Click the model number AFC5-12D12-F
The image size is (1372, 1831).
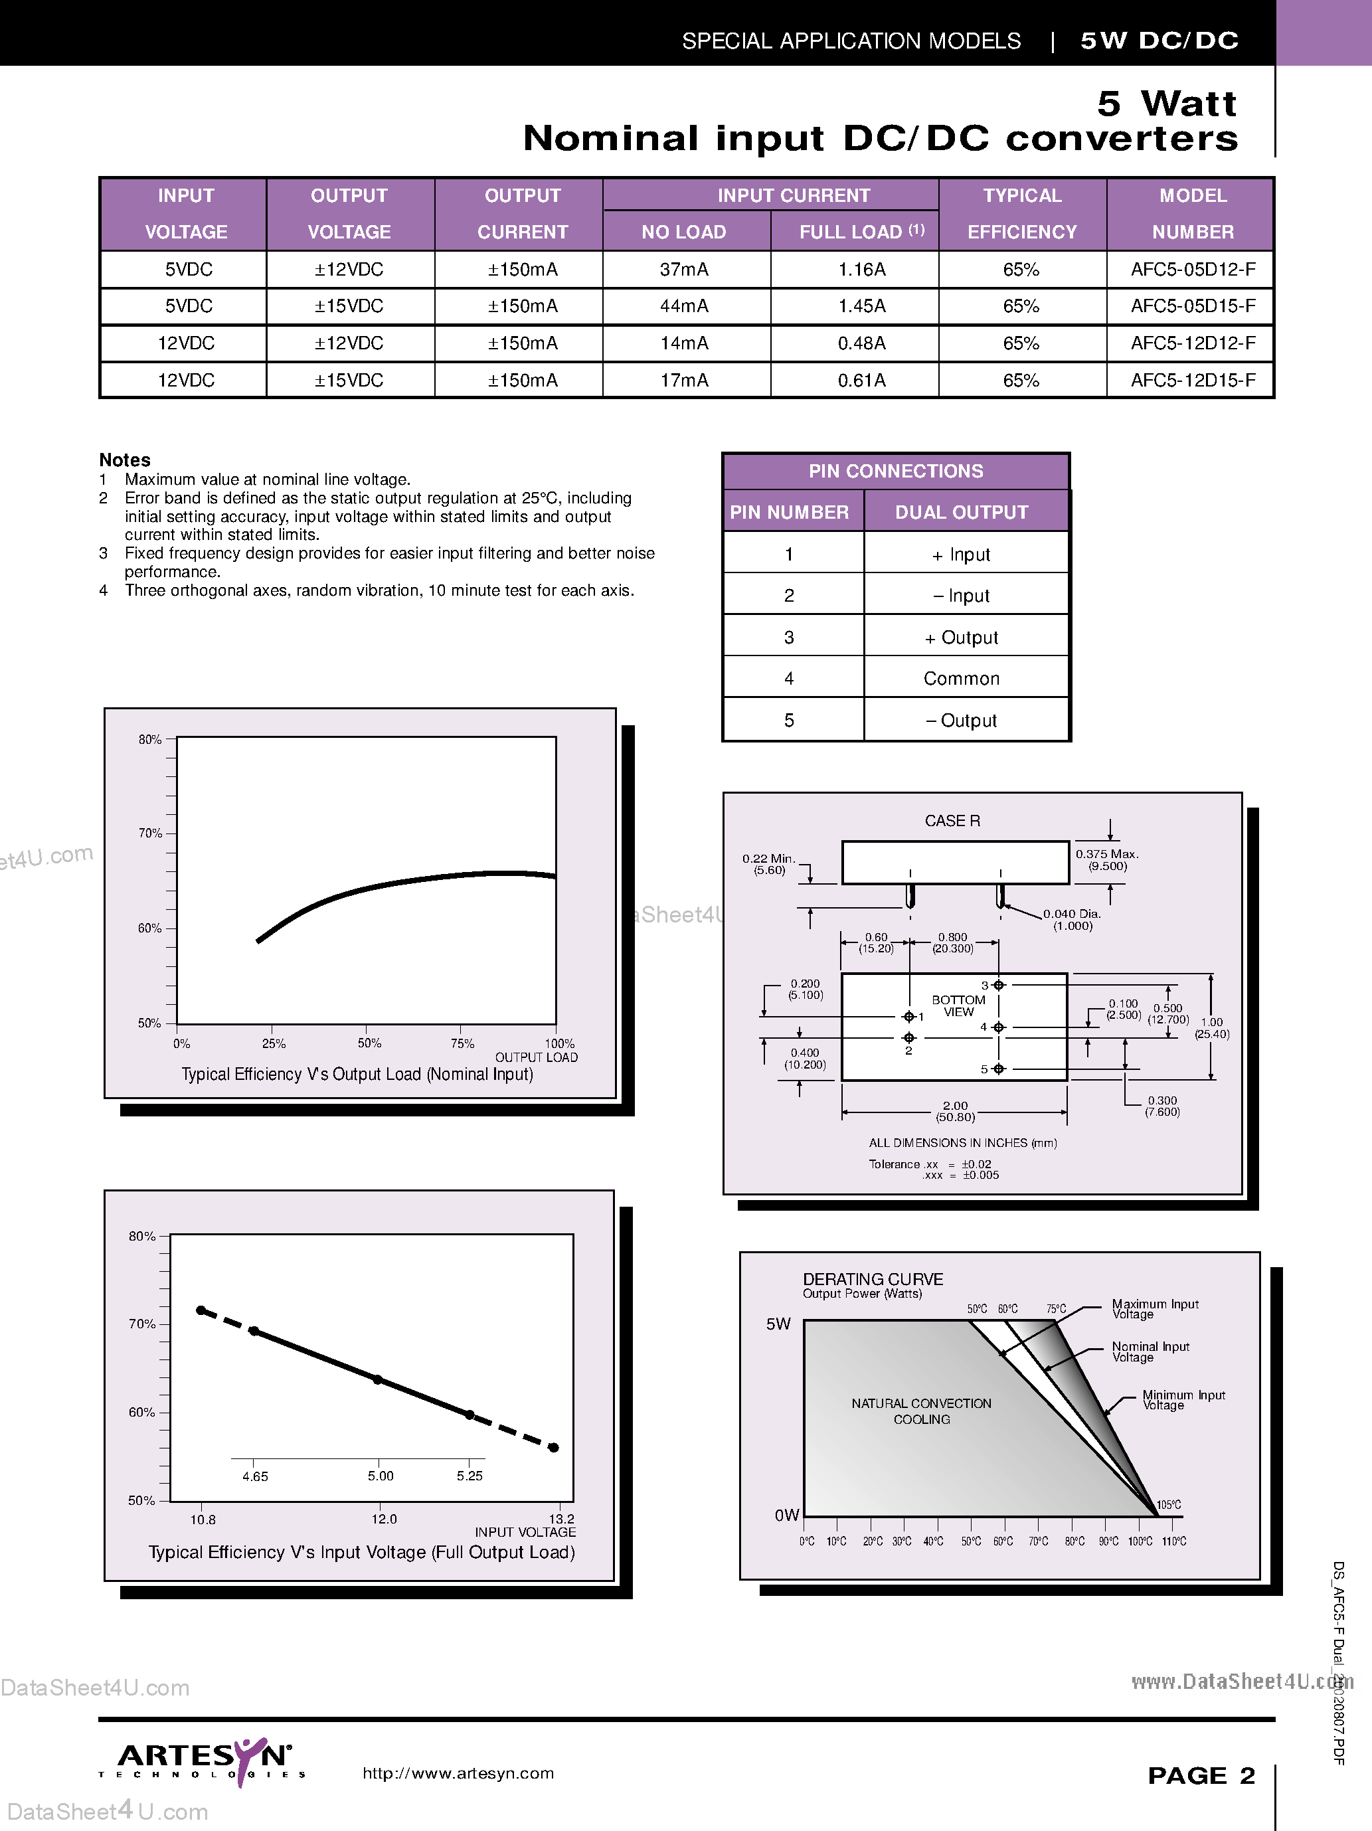point(1193,343)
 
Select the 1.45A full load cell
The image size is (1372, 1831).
point(861,306)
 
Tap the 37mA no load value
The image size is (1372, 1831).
point(683,270)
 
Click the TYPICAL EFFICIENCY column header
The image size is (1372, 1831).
point(1022,214)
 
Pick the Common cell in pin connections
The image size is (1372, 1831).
point(962,679)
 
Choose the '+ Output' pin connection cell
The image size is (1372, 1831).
point(962,638)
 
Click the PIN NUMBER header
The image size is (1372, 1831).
point(789,513)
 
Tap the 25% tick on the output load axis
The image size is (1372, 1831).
point(273,1044)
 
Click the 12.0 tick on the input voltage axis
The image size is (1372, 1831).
point(384,1519)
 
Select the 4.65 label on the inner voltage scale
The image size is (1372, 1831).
point(255,1476)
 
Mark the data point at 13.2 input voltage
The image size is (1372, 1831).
point(554,1448)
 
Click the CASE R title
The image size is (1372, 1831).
point(952,820)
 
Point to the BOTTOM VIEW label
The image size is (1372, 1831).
point(958,1005)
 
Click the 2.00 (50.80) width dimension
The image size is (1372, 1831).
point(955,1111)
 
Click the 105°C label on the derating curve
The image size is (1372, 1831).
point(1168,1505)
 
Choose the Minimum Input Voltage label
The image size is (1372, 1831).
point(1183,1400)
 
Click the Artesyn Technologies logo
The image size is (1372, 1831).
point(203,1761)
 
